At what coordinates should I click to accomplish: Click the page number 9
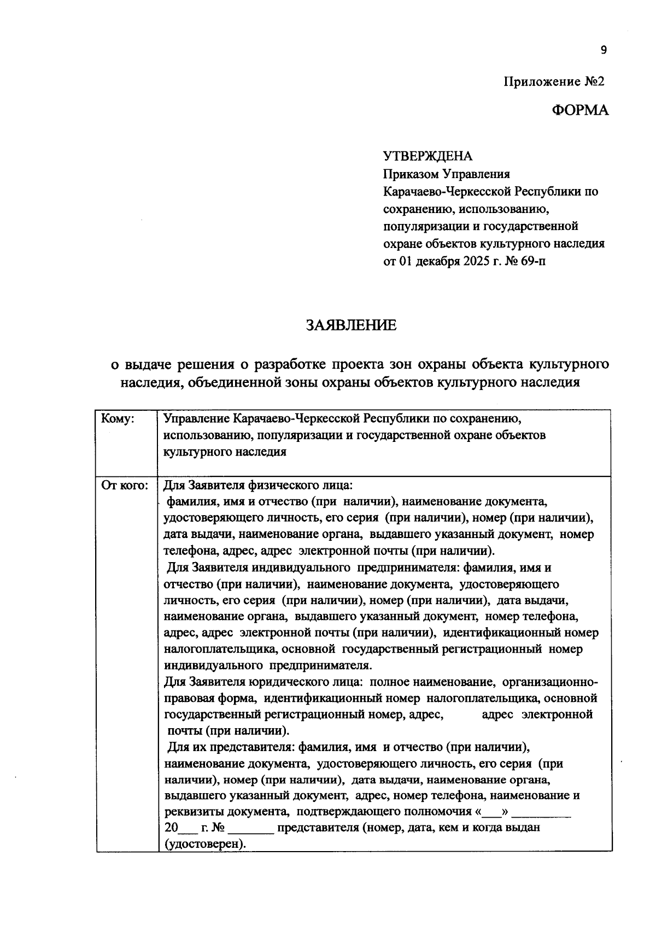604,50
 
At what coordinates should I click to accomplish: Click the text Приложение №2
554,82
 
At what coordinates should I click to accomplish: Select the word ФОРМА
579,110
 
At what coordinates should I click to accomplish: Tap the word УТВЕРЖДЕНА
427,156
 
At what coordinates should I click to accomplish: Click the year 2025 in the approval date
479,261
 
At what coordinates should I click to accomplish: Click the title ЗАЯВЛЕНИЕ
351,326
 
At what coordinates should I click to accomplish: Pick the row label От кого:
125,485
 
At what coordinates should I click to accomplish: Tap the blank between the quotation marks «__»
494,812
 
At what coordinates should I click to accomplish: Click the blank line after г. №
253,828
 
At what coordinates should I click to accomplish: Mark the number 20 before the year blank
171,828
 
